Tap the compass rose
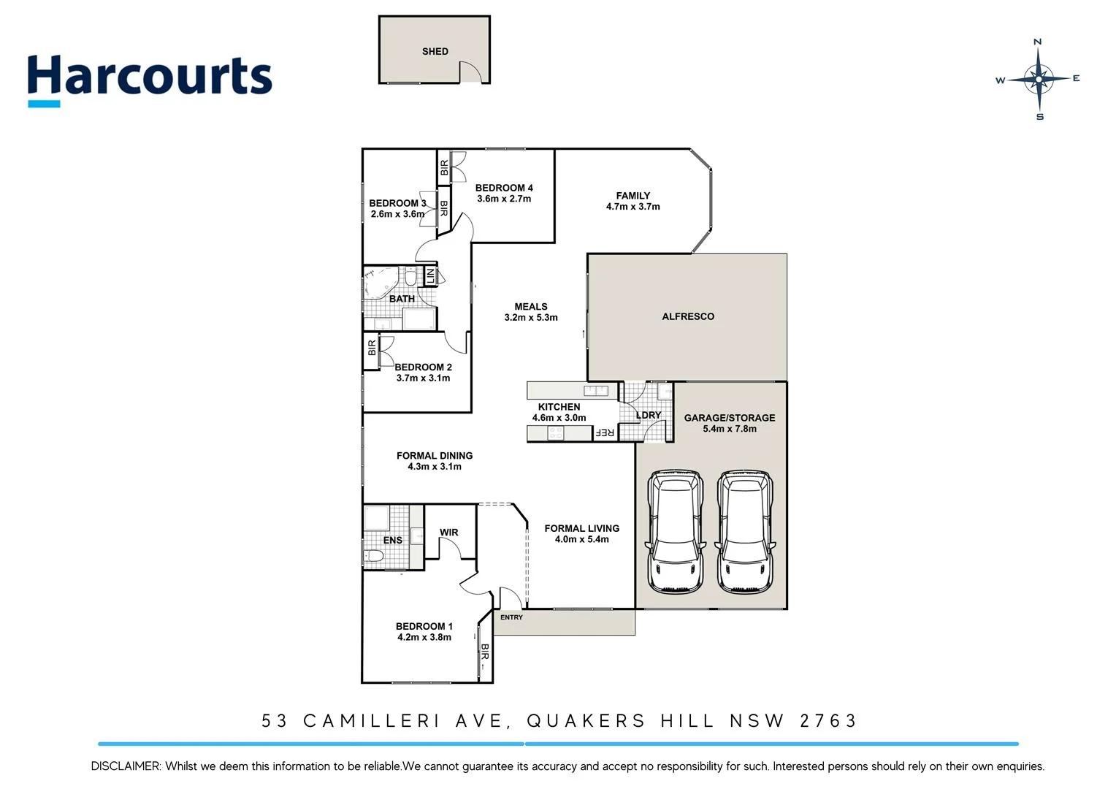coord(1038,79)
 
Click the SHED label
coord(435,51)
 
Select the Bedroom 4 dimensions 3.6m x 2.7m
coord(504,199)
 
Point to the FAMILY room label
coord(632,196)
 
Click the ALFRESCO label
coord(687,316)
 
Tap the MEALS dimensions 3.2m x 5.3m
coord(530,318)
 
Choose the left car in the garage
coord(676,531)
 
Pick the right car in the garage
coord(745,531)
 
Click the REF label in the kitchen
coord(605,432)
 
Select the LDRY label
coord(648,415)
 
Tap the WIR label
coord(448,533)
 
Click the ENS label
coord(392,541)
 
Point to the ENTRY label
coord(511,617)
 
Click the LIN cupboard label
coord(430,276)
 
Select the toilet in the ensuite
coord(375,557)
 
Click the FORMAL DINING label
coord(434,455)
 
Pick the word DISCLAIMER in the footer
coord(125,766)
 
